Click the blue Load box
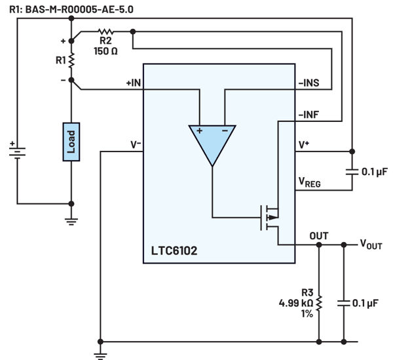71,142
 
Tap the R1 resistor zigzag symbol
71,60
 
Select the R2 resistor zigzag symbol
105,31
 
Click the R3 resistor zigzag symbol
319,304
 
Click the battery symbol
17,151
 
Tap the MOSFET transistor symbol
269,218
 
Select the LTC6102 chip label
174,250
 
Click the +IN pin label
134,83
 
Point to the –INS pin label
309,83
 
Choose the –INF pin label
309,115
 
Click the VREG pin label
310,182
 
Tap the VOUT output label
371,244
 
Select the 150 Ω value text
105,51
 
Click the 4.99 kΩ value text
296,303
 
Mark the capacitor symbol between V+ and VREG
352,172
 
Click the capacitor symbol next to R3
344,303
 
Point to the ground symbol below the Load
71,222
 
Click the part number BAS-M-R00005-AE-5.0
79,10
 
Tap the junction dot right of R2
133,31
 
